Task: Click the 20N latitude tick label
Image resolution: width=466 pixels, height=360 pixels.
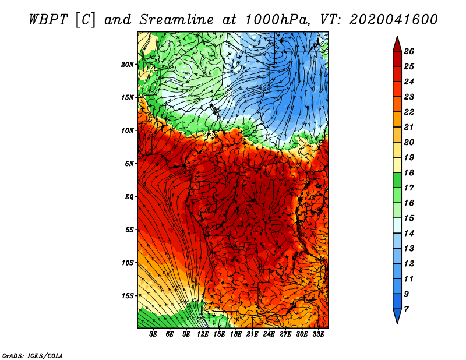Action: click(128, 65)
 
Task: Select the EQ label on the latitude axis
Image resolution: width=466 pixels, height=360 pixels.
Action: click(129, 197)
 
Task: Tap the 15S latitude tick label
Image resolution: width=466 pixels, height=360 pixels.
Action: click(128, 296)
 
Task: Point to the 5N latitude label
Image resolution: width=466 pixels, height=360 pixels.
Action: click(129, 164)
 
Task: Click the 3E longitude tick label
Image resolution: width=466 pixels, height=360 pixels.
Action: click(153, 334)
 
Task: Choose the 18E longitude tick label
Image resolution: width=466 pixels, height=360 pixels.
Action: click(236, 334)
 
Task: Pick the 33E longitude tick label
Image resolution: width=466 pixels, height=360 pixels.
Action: click(318, 334)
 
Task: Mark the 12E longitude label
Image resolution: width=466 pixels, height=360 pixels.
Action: click(203, 334)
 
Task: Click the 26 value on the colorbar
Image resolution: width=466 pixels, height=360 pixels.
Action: click(409, 51)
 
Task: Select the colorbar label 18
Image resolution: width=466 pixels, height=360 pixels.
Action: click(409, 172)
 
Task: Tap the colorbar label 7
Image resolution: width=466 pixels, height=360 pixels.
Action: click(406, 309)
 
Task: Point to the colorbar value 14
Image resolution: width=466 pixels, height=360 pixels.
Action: click(409, 234)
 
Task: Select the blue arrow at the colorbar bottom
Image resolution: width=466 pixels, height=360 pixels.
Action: click(397, 315)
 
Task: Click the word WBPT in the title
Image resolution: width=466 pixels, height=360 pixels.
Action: click(49, 20)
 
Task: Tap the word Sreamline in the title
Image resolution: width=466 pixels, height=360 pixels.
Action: click(176, 20)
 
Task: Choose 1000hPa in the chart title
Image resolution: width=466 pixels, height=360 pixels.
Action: click(278, 20)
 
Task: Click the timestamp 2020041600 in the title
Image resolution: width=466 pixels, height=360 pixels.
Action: click(394, 20)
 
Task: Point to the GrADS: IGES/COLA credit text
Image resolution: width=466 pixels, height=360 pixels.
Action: click(33, 356)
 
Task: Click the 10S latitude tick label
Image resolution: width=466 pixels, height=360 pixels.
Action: click(128, 263)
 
